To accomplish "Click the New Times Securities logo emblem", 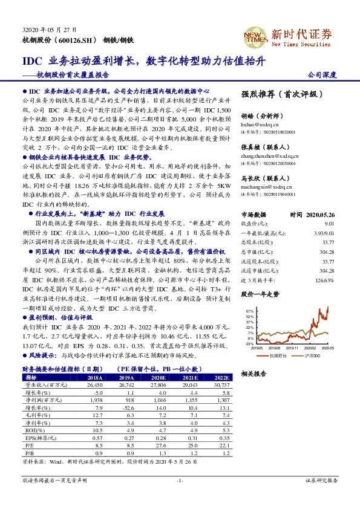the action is tap(255, 36).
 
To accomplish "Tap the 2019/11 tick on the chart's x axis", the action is tap(293, 348).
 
